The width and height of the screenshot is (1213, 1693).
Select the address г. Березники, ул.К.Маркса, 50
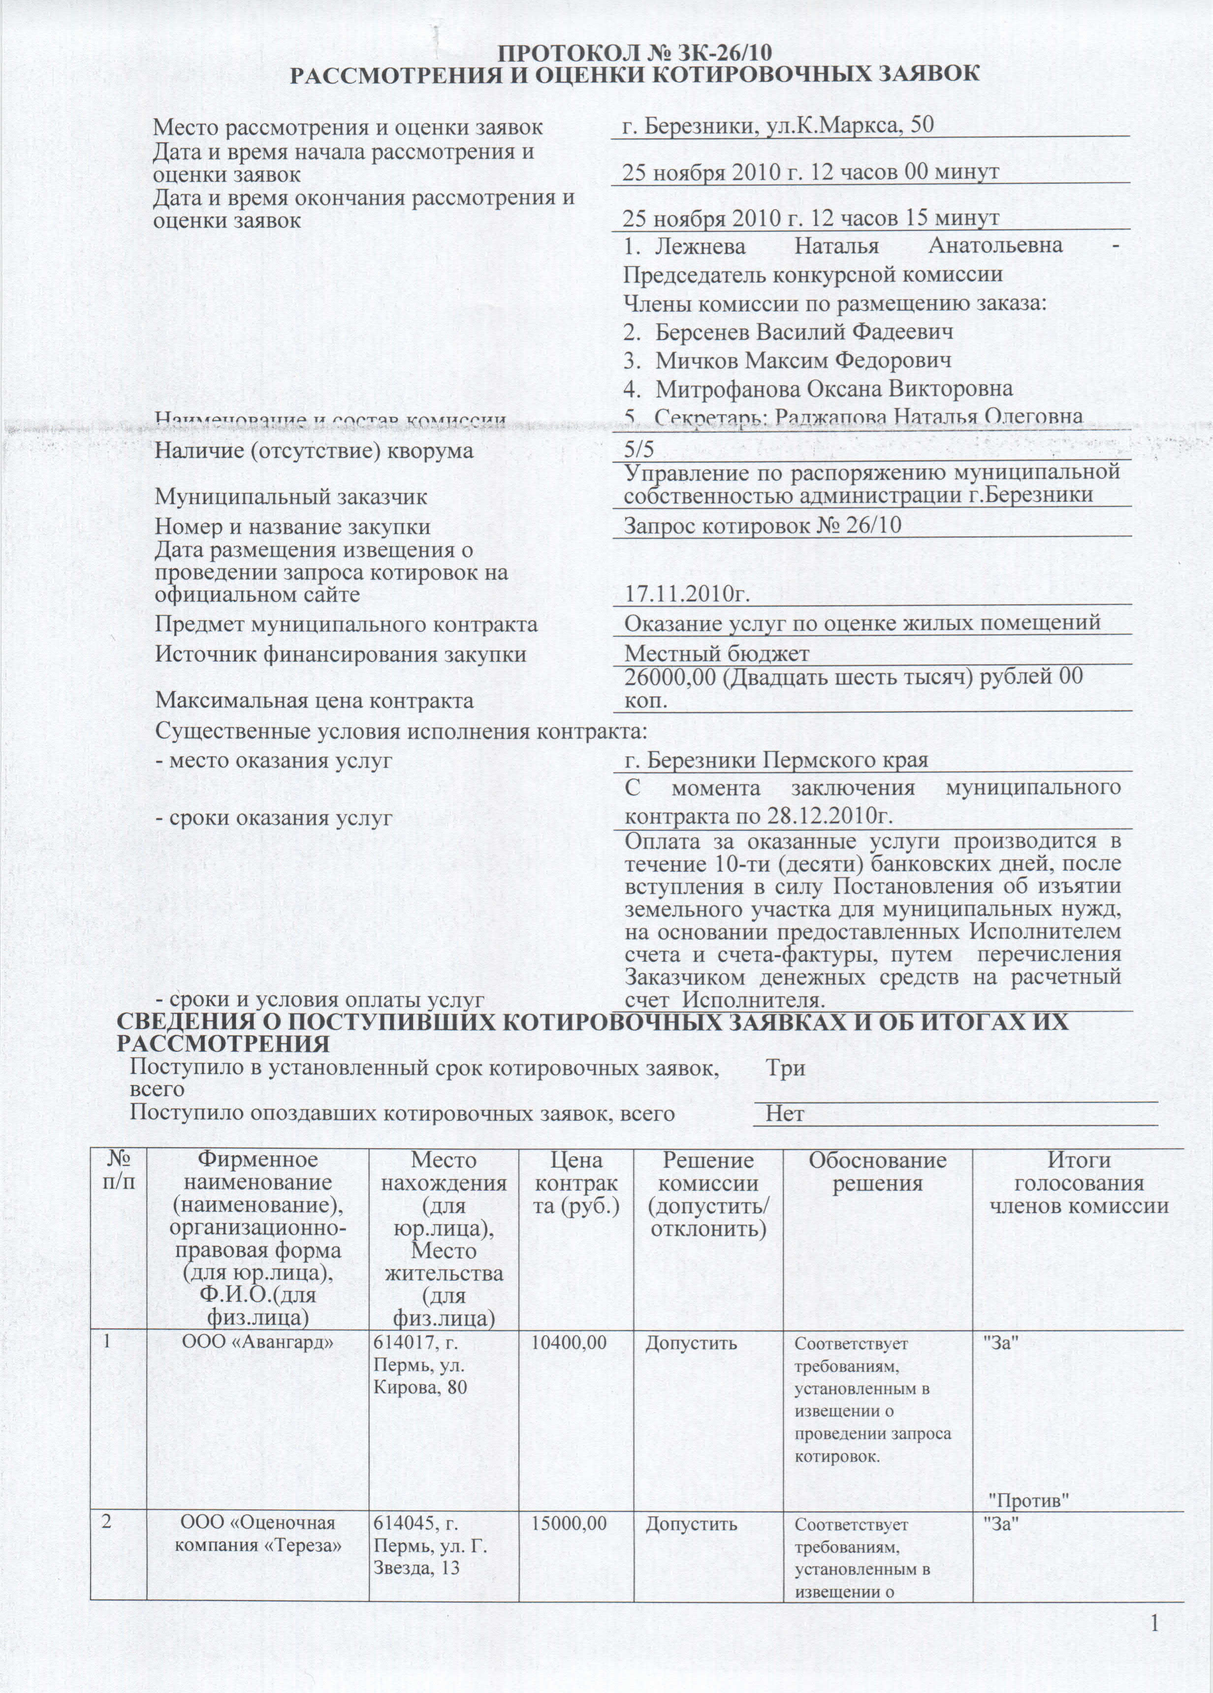(778, 125)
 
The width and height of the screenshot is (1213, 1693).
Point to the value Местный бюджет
(717, 654)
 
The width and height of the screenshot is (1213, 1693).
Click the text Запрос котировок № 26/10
(762, 526)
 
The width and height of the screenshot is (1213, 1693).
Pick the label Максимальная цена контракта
(314, 701)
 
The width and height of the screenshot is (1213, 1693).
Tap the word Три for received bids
(785, 1068)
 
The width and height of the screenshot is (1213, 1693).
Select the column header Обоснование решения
(877, 1172)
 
